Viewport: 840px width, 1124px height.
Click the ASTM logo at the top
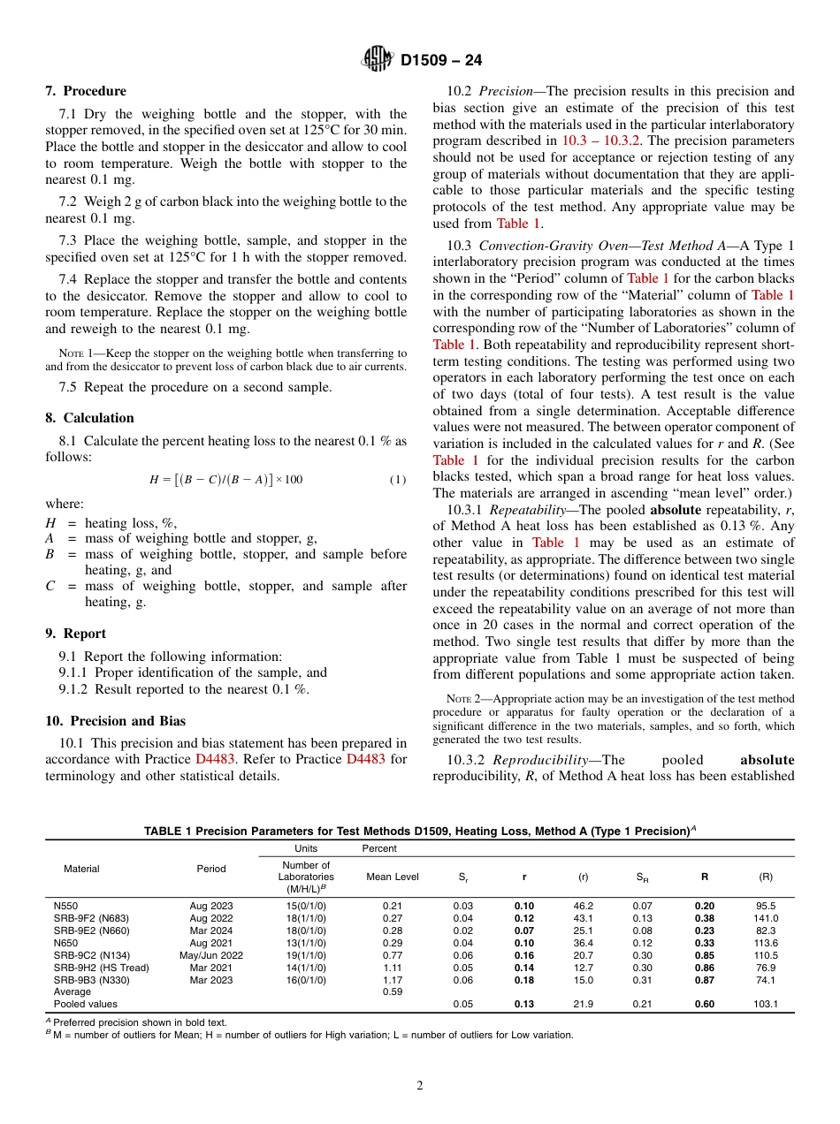coord(378,60)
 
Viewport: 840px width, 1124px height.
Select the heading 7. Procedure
coord(86,91)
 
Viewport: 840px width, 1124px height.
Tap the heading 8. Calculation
coord(89,418)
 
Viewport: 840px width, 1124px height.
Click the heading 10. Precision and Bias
coord(115,721)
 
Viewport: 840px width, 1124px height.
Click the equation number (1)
coord(398,480)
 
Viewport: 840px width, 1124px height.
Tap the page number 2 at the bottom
coord(420,1086)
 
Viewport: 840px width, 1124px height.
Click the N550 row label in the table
coord(65,906)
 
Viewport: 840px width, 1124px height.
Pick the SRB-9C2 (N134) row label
coord(88,955)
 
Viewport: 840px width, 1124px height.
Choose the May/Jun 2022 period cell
coord(211,955)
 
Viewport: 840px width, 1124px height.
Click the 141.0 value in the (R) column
coord(766,918)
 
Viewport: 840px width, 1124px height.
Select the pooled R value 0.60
coord(704,1005)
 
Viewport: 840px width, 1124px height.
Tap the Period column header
coord(211,869)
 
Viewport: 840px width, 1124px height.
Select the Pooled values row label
coord(85,1005)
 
